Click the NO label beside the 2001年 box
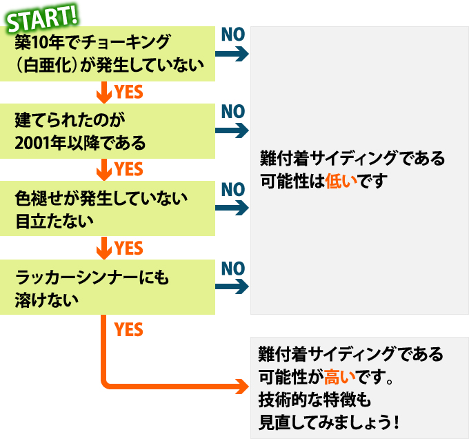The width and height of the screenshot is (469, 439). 233,111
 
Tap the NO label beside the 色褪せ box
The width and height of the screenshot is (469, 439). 233,189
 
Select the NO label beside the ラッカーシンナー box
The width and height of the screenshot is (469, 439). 233,267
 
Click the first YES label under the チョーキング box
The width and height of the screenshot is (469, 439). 129,91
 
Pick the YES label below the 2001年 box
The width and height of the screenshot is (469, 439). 129,169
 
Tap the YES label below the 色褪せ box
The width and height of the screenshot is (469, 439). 129,248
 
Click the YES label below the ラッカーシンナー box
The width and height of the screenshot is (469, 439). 129,330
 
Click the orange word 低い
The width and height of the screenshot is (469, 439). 342,182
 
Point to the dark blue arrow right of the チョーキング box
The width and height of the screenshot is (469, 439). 234,54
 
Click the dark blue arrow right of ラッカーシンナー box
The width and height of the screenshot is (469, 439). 234,287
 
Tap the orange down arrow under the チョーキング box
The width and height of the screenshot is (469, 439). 105,91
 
